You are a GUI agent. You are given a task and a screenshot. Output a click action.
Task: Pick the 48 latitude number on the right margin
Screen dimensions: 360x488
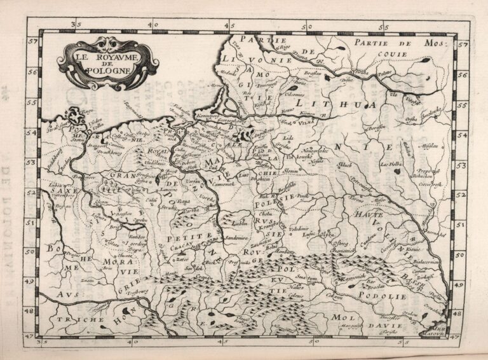click(462, 310)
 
